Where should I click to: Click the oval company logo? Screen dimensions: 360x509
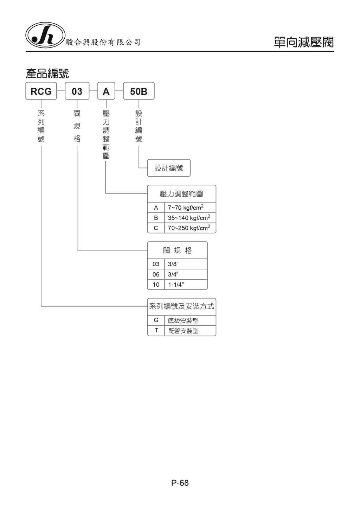45,35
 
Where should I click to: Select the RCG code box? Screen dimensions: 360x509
41,91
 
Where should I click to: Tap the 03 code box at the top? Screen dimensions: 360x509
77,91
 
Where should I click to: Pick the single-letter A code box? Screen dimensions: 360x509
106,91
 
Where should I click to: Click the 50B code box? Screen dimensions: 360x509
139,91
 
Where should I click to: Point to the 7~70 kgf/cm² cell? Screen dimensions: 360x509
190,208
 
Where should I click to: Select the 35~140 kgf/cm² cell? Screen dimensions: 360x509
190,218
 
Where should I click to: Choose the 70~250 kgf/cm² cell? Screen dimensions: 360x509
190,228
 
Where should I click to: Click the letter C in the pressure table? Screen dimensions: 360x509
156,228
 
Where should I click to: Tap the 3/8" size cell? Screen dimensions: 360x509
186,264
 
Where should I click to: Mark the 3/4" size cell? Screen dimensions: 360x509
186,274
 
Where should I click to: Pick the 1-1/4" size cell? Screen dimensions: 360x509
186,285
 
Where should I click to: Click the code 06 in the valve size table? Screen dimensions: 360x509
156,274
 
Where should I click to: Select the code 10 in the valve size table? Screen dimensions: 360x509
156,285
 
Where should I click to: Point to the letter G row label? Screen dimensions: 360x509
156,320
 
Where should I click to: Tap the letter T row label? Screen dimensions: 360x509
156,330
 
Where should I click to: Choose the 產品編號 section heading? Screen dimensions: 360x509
47,74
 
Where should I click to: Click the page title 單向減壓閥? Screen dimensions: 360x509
304,42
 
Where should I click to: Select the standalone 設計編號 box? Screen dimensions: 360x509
169,168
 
